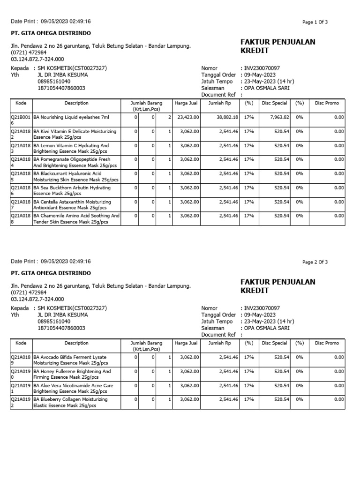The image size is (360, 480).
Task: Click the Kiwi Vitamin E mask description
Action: click(x=75, y=135)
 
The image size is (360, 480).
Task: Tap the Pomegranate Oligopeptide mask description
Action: click(x=75, y=163)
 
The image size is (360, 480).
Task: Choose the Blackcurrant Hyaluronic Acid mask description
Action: click(x=75, y=177)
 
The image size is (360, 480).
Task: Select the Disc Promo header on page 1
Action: click(x=327, y=103)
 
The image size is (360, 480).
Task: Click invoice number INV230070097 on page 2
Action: click(x=262, y=308)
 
